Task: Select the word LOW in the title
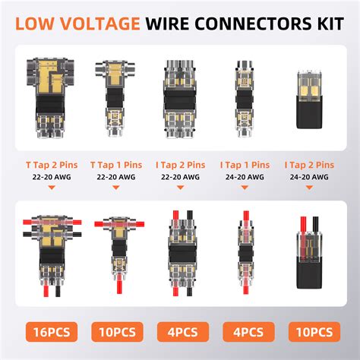pos(35,24)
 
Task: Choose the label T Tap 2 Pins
pos(52,165)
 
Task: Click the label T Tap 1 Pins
pos(116,165)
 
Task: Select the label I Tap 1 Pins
pos(245,165)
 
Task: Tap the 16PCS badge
pos(52,332)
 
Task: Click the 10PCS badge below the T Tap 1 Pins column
pos(117,332)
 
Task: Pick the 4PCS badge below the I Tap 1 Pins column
pos(248,332)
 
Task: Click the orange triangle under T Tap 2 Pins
pos(52,188)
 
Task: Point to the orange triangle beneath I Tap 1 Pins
pos(245,188)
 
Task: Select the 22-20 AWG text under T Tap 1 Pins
pos(116,177)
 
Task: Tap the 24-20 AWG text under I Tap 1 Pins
pos(245,177)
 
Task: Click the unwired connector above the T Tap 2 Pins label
pos(50,98)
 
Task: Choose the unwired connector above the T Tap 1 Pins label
pos(115,98)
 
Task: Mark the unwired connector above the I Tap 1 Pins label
pos(244,99)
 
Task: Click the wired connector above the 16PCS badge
pos(52,256)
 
